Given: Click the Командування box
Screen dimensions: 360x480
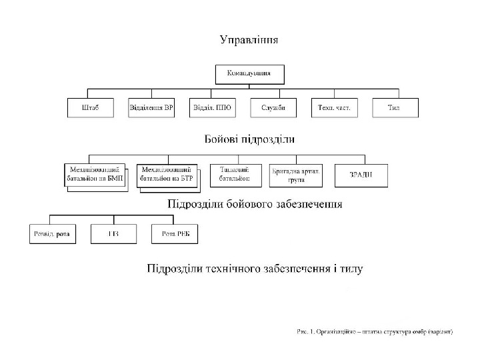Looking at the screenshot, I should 249,73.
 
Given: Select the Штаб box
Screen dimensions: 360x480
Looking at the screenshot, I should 91,108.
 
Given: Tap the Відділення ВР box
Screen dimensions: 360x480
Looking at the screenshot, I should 151,108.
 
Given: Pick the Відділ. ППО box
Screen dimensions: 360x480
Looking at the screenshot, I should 212,108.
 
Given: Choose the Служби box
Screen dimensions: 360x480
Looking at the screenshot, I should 273,108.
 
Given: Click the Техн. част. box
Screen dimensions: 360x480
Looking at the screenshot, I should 334,108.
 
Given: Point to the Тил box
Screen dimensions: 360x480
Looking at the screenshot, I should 395,108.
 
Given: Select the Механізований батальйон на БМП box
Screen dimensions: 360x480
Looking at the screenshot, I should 95,175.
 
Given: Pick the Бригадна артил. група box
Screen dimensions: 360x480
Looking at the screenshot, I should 295,175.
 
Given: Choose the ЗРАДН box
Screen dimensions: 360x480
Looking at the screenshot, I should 360,175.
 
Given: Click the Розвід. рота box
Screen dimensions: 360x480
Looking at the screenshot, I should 53,233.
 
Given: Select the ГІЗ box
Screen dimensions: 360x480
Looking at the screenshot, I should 114,233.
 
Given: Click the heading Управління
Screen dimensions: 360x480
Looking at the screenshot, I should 250,40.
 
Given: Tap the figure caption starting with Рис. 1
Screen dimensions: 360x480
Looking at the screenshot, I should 374,331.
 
